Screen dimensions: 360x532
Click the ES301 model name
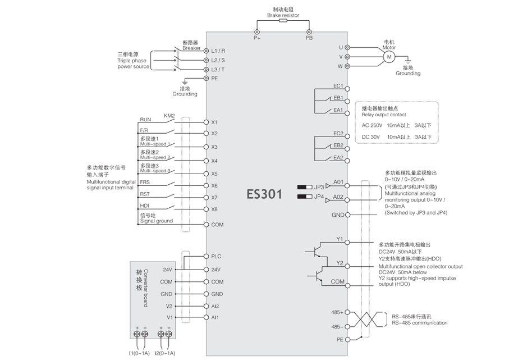coord(264,194)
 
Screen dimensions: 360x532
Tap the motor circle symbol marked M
coord(387,57)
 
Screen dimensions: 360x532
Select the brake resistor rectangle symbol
coord(283,21)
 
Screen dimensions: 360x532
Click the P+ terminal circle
coord(257,31)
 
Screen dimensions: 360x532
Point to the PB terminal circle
coord(309,31)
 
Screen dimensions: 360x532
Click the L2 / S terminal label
coord(218,60)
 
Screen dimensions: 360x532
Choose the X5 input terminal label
coord(214,174)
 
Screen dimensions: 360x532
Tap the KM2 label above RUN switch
coord(169,116)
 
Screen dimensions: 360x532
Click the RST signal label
coord(145,194)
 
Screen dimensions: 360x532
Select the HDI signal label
coord(145,206)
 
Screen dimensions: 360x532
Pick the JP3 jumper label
coord(319,186)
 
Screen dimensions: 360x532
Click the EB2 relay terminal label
coord(338,145)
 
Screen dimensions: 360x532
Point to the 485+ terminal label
coord(337,311)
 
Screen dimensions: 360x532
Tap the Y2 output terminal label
coord(340,263)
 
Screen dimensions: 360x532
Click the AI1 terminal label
coord(215,317)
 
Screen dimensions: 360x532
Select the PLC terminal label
coord(216,256)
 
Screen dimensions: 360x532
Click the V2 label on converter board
coord(169,306)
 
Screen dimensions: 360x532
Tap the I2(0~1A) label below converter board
coord(165,353)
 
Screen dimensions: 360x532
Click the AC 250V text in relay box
coord(372,125)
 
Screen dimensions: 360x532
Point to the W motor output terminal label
coord(340,66)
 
